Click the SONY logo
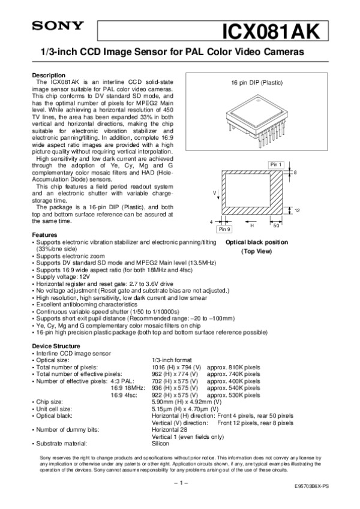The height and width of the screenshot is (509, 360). pyautogui.click(x=51, y=26)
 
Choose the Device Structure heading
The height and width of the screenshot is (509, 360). pyautogui.click(x=55, y=346)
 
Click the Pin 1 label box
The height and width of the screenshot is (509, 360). pyautogui.click(x=275, y=164)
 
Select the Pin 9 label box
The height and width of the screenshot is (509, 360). pyautogui.click(x=208, y=229)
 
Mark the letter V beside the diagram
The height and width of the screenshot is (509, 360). pyautogui.click(x=214, y=192)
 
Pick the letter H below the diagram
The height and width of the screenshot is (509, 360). pyautogui.click(x=235, y=226)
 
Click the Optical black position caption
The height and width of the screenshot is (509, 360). pyautogui.click(x=256, y=242)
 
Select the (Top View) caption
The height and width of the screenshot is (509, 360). pyautogui.click(x=256, y=252)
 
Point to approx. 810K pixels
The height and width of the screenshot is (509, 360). pyautogui.click(x=233, y=366)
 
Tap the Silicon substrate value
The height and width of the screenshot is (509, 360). pyautogui.click(x=161, y=443)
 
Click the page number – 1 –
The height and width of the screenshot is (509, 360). pyautogui.click(x=180, y=482)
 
